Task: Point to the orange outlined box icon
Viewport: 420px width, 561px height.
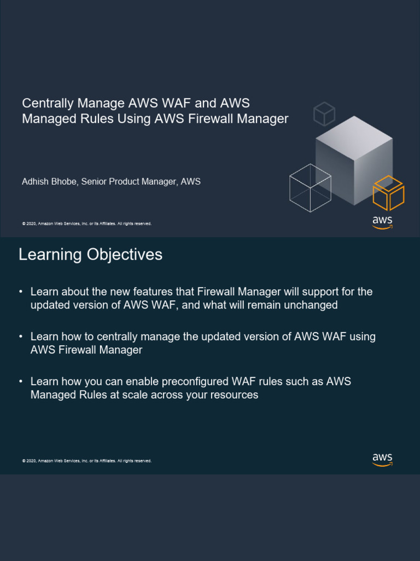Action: [x=388, y=193]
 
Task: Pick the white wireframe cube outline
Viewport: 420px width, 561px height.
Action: [x=310, y=188]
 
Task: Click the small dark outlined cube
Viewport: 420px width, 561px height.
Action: [x=324, y=113]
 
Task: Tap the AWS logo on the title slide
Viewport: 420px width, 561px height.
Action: [x=382, y=222]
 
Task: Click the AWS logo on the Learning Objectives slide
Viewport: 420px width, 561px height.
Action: [x=382, y=459]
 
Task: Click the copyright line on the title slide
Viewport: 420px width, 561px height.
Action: [x=86, y=224]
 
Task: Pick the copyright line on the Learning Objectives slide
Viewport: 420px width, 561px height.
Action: [x=86, y=461]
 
